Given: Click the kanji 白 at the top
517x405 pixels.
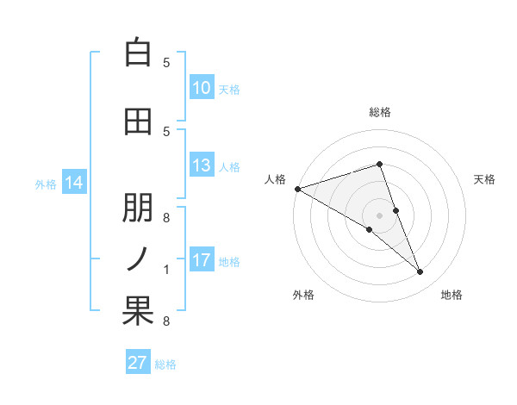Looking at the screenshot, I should (138, 53).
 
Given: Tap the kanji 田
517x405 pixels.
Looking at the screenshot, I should (138, 122).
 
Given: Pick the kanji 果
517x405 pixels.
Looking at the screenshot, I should (138, 311).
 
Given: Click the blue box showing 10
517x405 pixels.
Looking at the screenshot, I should (202, 88).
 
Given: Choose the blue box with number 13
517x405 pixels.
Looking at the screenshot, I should (202, 166).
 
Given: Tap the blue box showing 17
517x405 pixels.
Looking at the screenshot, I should (202, 260).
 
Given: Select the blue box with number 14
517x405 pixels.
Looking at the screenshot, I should (74, 183).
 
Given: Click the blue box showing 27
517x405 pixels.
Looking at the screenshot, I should (138, 362).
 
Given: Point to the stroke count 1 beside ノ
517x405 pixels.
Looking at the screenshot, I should (166, 271).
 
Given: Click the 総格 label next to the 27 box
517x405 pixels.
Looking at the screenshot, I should (165, 364).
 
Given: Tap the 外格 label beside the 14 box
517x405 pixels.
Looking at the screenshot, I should (46, 184).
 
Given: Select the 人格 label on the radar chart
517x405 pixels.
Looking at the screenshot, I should (276, 179).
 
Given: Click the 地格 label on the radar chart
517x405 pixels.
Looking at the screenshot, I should (452, 295).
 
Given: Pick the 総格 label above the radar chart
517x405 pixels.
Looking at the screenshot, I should (379, 112).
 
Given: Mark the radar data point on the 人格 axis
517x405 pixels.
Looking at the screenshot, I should (297, 189).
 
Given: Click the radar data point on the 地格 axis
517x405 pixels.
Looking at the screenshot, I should (420, 272).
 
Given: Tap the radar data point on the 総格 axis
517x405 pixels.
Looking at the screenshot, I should (379, 164).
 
